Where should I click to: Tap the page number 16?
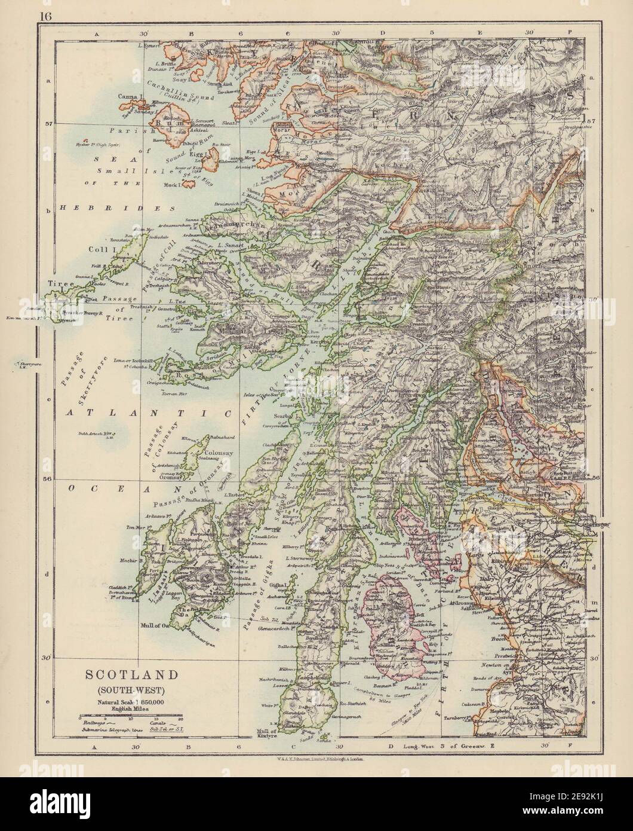[x=46, y=17]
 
